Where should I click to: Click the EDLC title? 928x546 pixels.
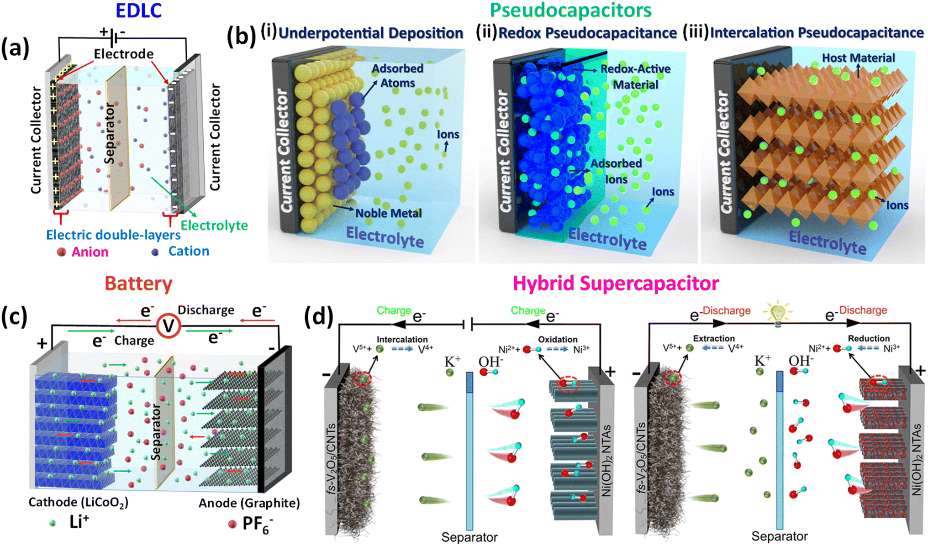[138, 10]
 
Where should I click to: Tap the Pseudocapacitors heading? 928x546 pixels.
[570, 10]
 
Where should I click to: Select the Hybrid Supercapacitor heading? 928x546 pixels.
[615, 283]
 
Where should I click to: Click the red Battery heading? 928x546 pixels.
[138, 283]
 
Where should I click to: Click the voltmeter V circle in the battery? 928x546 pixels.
[169, 326]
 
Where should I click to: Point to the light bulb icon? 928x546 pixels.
[777, 312]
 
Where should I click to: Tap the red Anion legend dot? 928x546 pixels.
[62, 252]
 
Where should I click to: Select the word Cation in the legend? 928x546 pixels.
[189, 251]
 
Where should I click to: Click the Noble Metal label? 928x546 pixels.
[388, 213]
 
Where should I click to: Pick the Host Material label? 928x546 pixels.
[858, 58]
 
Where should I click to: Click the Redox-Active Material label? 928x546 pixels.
[635, 77]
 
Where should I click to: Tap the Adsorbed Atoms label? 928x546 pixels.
[397, 76]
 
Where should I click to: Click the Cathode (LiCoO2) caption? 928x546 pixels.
[78, 502]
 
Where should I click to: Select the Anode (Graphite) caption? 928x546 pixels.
[249, 503]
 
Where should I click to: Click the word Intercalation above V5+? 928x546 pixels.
[402, 340]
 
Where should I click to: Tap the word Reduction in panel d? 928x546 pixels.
[868, 339]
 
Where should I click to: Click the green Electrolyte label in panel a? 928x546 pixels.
[214, 226]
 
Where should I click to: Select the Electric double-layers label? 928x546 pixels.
[113, 235]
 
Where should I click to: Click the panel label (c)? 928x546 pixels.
[15, 317]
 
